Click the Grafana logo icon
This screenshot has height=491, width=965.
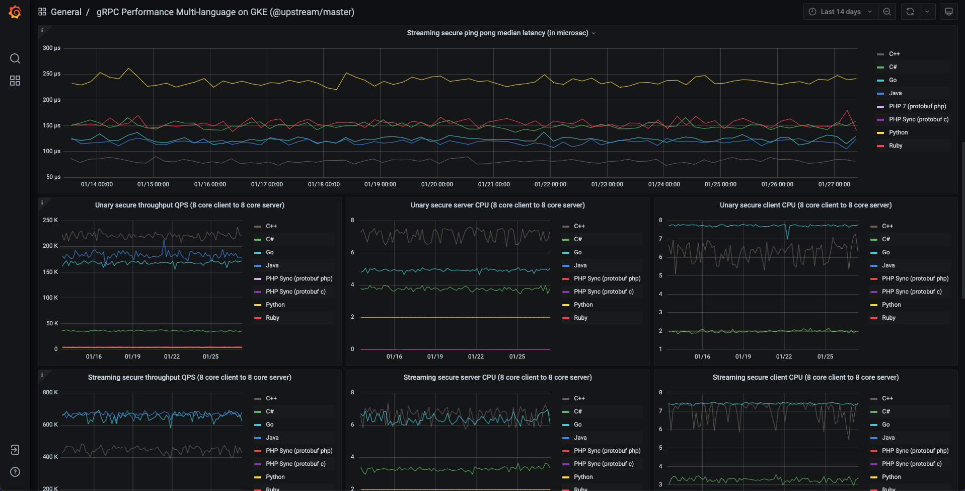coord(15,12)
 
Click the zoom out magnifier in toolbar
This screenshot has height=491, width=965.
coord(887,12)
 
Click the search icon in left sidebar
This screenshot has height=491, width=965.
coord(15,58)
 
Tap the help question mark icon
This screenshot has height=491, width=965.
coord(15,472)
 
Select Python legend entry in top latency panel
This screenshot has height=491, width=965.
coord(898,132)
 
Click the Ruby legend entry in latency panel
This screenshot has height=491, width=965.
coord(896,146)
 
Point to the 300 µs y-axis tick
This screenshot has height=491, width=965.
coord(51,48)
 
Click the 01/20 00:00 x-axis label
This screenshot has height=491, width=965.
coord(437,184)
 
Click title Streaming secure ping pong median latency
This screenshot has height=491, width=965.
coord(497,33)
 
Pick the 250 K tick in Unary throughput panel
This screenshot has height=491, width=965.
coord(50,220)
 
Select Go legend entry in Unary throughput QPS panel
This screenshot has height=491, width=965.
coord(270,252)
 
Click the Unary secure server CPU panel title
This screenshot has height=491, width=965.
coord(497,205)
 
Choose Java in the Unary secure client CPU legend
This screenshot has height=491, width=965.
coord(888,265)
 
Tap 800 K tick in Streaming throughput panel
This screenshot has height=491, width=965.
coord(50,392)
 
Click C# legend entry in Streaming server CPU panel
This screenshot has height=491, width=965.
coord(578,411)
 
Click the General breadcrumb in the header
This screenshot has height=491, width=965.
coord(66,12)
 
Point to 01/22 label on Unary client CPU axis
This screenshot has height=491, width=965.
coord(784,357)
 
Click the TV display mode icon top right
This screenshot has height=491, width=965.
coord(948,12)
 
